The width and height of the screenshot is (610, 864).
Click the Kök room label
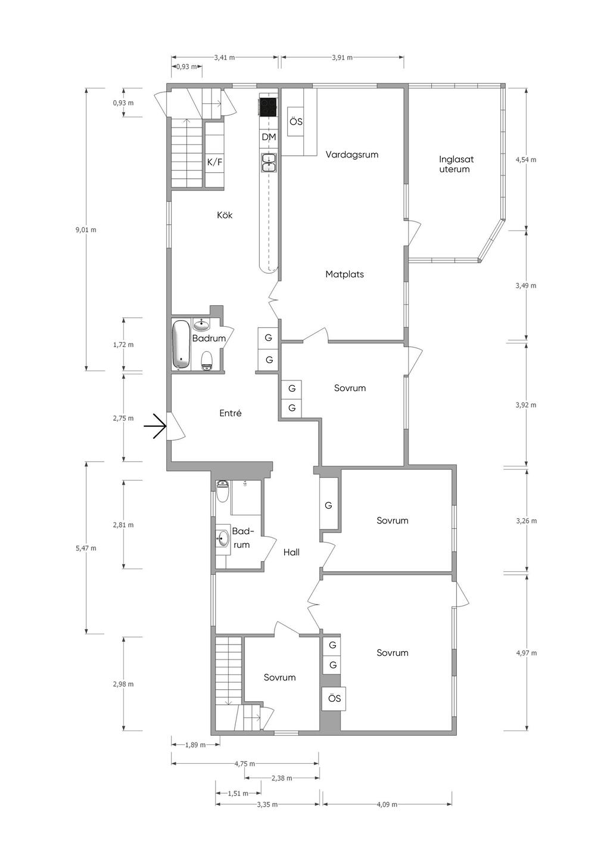point(225,215)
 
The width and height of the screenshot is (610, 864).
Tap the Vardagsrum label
point(352,154)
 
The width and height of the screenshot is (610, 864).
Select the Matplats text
point(344,274)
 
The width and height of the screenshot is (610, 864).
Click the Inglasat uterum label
point(456,164)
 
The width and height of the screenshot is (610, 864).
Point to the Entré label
point(231,413)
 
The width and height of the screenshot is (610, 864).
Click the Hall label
point(291,552)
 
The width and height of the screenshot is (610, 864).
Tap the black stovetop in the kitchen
point(268,107)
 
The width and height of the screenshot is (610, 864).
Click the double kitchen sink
point(269,162)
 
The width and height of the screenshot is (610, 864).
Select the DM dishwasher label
point(269,137)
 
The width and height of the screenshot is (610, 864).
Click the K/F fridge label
point(214,162)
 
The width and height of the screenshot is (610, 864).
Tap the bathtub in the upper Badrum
point(180,345)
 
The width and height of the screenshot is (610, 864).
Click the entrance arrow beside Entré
point(155,426)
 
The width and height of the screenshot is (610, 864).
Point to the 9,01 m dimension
point(86,230)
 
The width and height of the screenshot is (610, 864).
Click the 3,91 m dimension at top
point(342,58)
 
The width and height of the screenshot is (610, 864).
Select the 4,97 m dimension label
point(526,653)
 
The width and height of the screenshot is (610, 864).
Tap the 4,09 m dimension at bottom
point(387,804)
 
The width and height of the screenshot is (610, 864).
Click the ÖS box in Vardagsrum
point(295,122)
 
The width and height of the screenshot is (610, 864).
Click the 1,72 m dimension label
point(123,345)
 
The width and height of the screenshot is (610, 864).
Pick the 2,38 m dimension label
point(282,778)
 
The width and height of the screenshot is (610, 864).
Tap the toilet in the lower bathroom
point(223,491)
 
